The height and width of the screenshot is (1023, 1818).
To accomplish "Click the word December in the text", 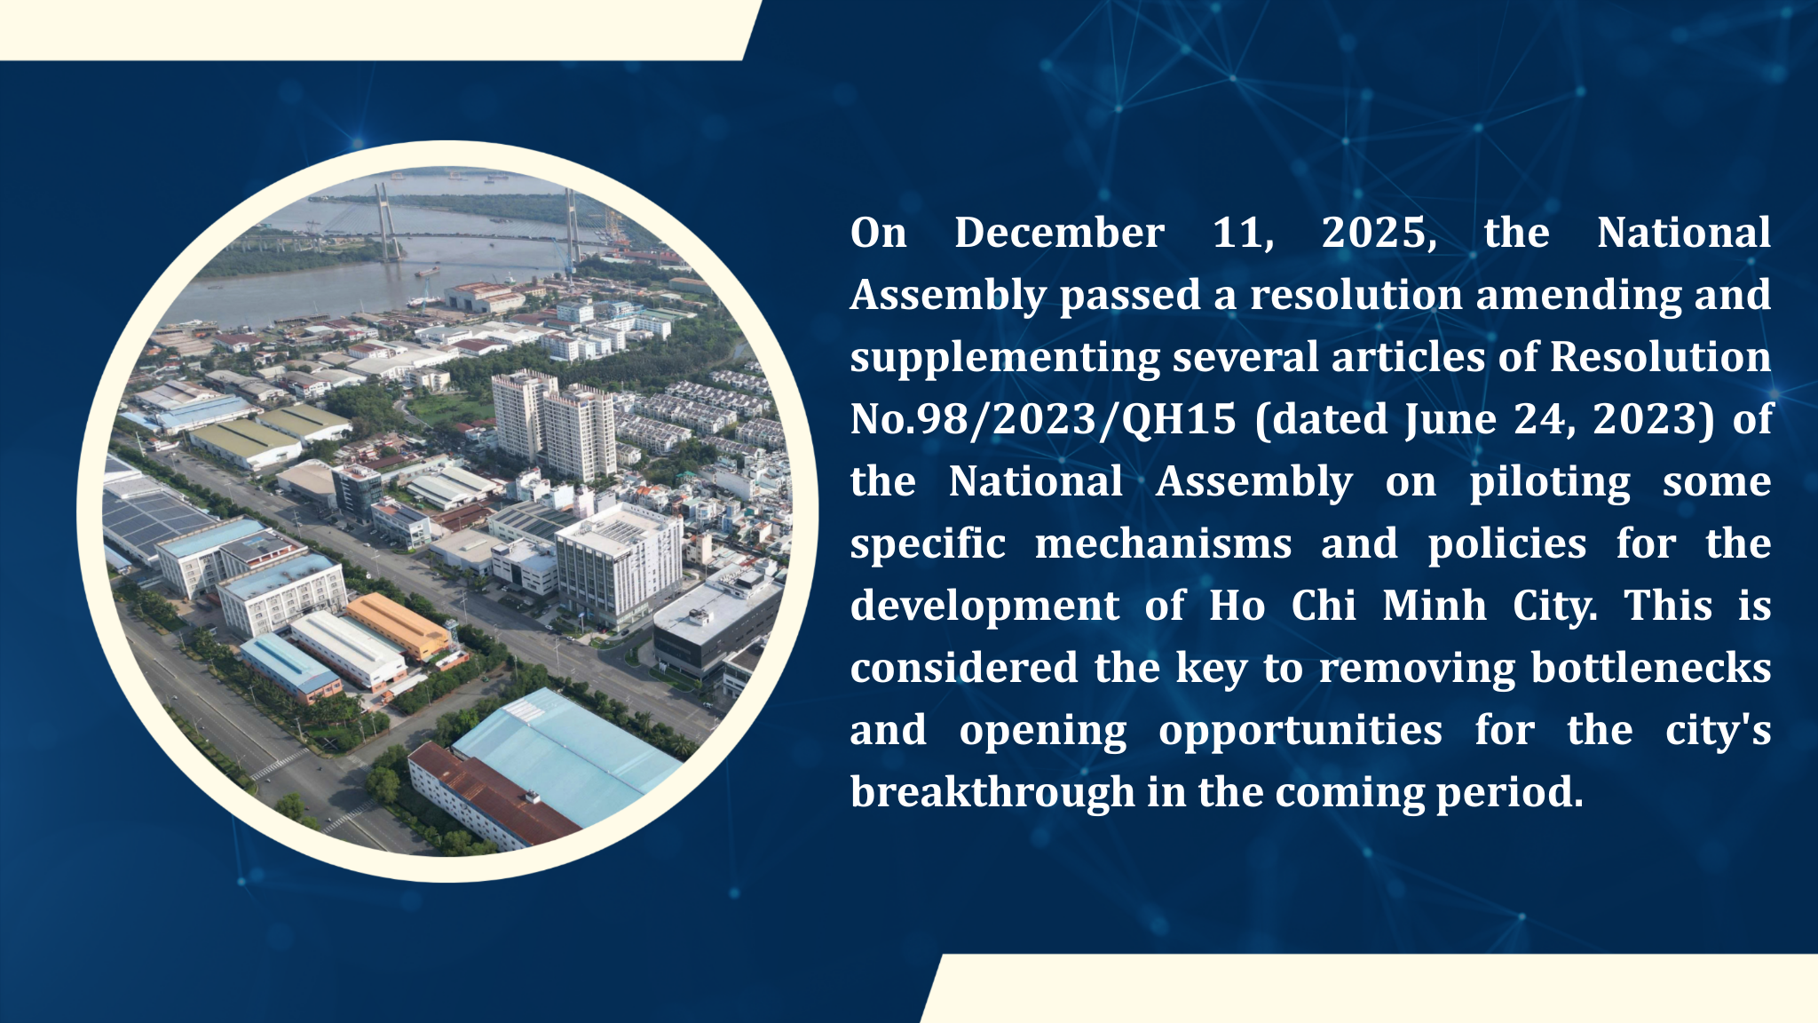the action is point(1059,233).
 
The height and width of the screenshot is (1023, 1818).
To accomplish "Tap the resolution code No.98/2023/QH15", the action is point(1043,420).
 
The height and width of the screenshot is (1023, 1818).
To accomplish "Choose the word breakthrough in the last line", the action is point(992,793).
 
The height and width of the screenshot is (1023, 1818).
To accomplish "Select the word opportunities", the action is point(1300,732).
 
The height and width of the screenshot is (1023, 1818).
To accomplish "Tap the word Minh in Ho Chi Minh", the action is point(1434,606).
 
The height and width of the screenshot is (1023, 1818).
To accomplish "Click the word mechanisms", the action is point(1163,543).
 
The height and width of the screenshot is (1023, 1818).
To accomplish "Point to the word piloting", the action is point(1550,483).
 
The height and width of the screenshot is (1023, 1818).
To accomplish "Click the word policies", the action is point(1507,543).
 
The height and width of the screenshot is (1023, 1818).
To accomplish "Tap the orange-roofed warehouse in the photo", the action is point(399,626).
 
